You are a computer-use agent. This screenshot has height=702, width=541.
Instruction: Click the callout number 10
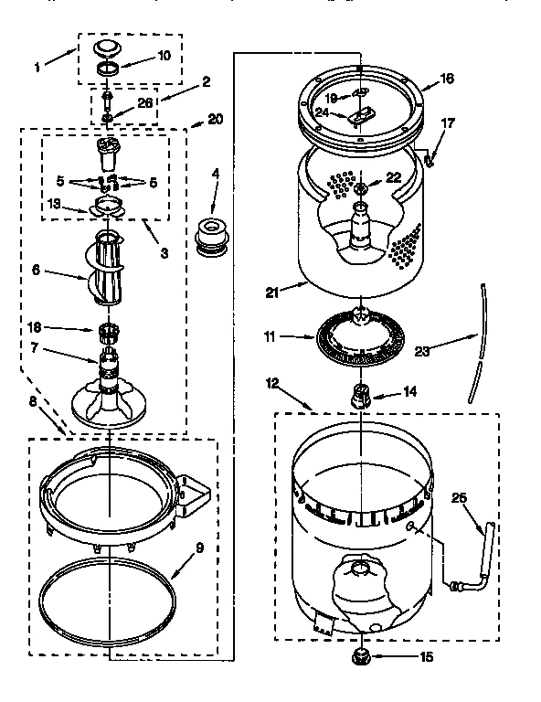point(164,55)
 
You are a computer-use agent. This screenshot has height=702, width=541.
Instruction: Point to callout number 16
point(446,80)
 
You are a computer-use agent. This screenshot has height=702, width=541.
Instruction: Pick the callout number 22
point(394,178)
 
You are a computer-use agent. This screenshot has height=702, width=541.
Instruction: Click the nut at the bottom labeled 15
point(362,655)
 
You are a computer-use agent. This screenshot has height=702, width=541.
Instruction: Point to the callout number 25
point(460,498)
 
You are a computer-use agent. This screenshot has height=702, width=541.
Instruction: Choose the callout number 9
point(199,549)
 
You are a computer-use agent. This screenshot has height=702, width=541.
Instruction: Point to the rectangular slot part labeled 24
point(359,114)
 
